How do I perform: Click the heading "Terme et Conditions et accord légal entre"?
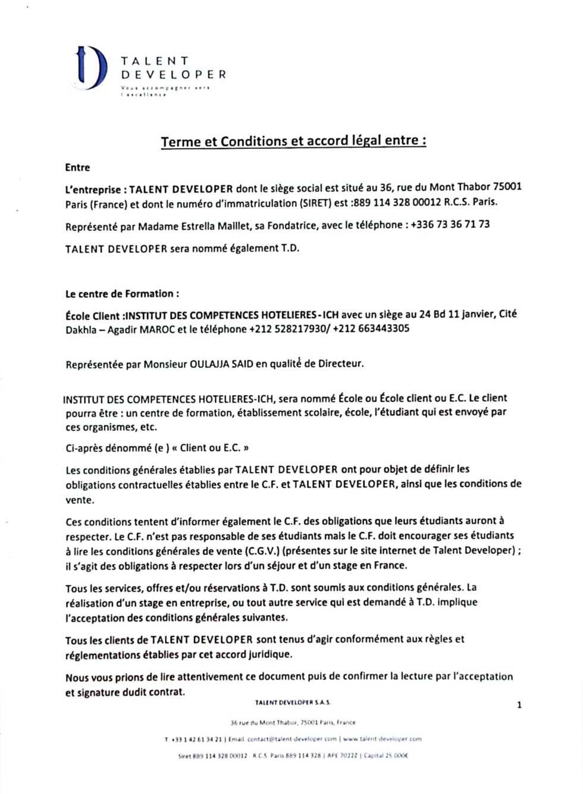[x=293, y=141]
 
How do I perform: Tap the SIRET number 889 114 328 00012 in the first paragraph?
[x=396, y=202]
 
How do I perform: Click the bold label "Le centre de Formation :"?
[x=122, y=294]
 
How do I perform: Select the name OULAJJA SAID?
[x=220, y=364]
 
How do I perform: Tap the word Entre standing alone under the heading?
[x=77, y=168]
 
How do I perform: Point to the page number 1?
[x=519, y=705]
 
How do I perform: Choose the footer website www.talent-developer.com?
[x=383, y=739]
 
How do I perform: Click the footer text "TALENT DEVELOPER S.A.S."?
[x=293, y=702]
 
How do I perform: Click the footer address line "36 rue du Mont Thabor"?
[x=263, y=723]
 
